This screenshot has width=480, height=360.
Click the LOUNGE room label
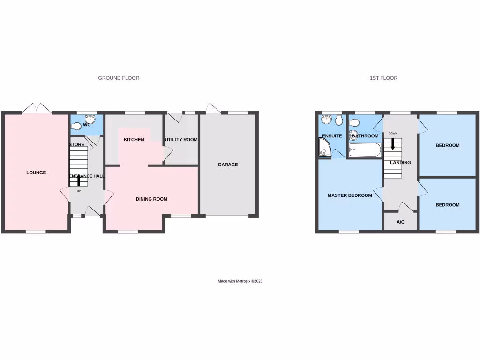(x=36, y=173)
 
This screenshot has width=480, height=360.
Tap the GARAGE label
(x=228, y=165)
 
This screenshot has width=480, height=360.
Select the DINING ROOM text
(x=151, y=199)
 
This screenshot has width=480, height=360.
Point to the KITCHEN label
(x=134, y=140)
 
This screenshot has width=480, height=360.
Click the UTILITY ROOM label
(x=181, y=140)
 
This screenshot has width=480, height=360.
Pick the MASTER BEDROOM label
(x=350, y=195)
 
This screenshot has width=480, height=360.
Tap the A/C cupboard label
(x=400, y=222)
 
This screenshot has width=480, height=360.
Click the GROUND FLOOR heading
(x=119, y=78)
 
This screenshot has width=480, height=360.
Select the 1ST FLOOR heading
(x=383, y=78)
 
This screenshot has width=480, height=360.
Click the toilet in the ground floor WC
(x=76, y=125)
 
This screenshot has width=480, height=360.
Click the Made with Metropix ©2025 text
(x=240, y=281)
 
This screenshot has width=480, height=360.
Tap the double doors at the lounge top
(x=37, y=108)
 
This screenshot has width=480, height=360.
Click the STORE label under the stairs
(x=76, y=145)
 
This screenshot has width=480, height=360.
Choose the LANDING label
(x=400, y=163)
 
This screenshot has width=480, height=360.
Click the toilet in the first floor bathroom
(x=354, y=123)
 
